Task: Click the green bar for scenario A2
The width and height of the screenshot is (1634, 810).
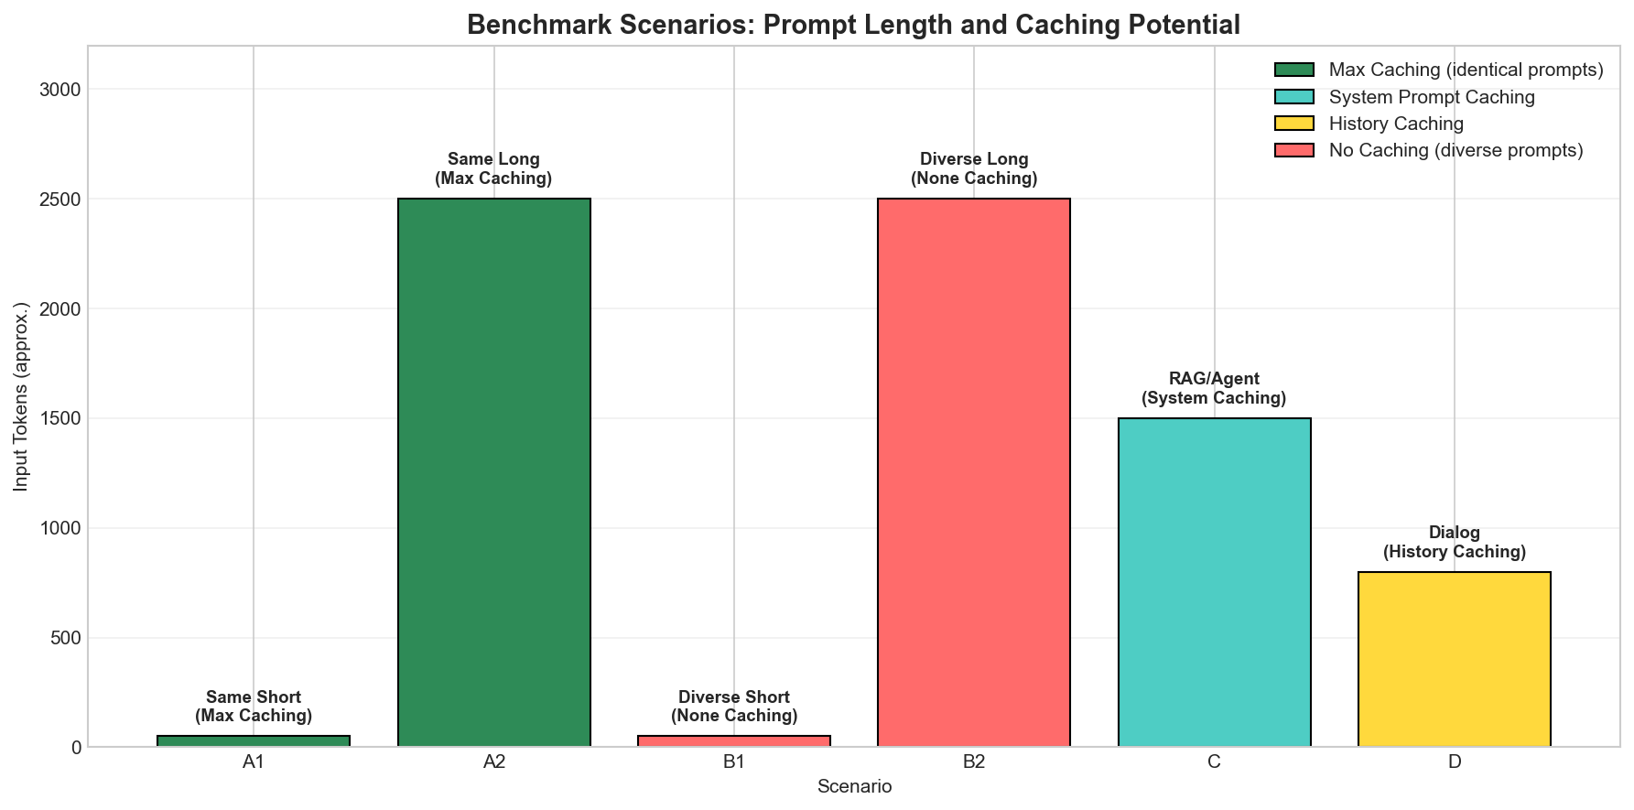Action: tap(494, 472)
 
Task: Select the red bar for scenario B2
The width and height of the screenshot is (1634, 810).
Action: tap(974, 472)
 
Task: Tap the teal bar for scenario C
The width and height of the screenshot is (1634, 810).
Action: tap(1215, 582)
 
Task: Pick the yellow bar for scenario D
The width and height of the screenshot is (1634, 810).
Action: tap(1455, 659)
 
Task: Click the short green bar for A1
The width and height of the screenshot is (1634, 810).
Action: tap(254, 741)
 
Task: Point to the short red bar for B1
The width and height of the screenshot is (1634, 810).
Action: tap(734, 741)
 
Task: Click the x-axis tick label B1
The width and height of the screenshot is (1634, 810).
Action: tap(734, 761)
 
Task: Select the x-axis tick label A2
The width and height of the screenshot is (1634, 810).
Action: tap(494, 761)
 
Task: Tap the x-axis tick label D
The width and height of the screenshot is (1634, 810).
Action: tap(1455, 761)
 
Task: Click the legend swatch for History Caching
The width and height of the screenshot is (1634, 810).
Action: tap(1293, 124)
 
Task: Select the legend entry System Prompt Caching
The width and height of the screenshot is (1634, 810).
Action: tap(1432, 97)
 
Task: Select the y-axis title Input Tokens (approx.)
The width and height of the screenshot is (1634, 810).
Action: tap(21, 395)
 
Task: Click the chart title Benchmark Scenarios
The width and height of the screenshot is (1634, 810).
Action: tap(853, 25)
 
